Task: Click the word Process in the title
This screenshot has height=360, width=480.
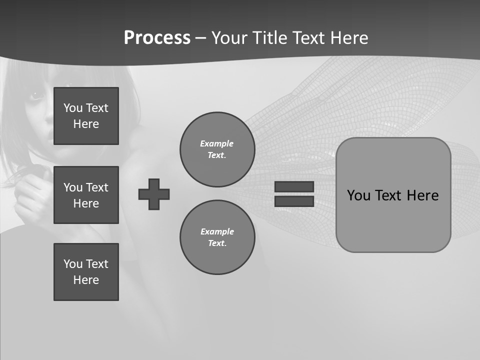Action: pos(157,38)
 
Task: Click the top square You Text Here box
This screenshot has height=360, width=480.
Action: pos(86,116)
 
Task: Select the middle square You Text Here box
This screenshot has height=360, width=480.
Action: pos(86,195)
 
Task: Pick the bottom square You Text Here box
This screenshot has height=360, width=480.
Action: pos(86,272)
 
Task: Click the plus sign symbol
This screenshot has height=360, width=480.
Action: pos(154,194)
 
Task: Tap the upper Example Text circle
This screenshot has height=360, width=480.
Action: pos(217,149)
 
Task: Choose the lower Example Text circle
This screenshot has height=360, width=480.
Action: pos(217,237)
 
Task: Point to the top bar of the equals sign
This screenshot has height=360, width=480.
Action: pos(294,186)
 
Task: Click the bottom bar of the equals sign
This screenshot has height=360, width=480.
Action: pos(294,201)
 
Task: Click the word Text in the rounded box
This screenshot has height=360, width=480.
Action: pos(390,195)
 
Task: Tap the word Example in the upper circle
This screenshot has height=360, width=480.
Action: pos(217,143)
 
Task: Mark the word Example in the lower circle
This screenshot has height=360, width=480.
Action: pos(217,231)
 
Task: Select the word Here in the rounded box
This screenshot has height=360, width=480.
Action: pos(423,195)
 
